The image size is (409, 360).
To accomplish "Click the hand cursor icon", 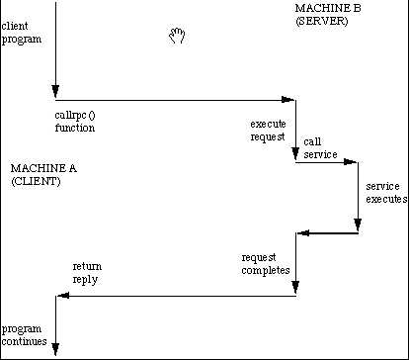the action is pos(177,36).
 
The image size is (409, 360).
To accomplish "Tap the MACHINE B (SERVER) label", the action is pos(328,15).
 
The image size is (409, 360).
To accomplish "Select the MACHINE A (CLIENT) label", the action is pos(43,175).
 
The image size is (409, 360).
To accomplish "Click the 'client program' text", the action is pos(22,33).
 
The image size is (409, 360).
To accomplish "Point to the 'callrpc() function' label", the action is pos(75,122).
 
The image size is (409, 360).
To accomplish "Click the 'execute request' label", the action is pos(268,131).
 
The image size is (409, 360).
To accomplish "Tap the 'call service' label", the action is pos(320,148).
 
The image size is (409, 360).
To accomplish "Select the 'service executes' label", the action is pos(386,193).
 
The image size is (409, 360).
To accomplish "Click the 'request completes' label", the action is pos(266,264).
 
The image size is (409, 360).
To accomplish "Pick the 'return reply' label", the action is pos(87,273).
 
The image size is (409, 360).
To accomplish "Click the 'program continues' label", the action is pos(24,335).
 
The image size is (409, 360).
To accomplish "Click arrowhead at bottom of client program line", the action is pos(55,91).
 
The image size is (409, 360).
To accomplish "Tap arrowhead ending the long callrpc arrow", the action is pos(288,100).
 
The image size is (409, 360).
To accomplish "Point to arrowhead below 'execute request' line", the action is pos(295,153).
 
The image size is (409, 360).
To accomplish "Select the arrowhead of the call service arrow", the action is pos(350,162).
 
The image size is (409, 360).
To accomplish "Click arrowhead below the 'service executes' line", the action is pos(358,225).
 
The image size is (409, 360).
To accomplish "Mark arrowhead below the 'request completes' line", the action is pos(295,287).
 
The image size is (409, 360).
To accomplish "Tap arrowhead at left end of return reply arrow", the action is pos(63,296).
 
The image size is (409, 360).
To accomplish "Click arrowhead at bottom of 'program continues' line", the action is pos(55,349).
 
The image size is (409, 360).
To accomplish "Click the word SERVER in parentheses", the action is pos(322,21).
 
